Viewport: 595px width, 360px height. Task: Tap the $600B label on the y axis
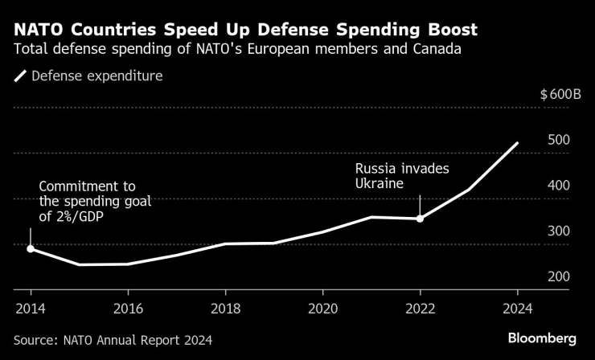[561, 94]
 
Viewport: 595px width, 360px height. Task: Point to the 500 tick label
[559, 139]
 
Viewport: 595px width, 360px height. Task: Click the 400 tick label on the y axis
[559, 185]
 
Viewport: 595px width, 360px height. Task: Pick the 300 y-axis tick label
[559, 231]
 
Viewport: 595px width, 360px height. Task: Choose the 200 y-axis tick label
[559, 276]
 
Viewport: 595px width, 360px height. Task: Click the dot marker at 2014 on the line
[31, 249]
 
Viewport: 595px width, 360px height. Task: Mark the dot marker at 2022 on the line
[420, 219]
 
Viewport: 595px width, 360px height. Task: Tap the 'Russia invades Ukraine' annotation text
[402, 177]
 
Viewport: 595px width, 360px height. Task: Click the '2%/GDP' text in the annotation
[92, 215]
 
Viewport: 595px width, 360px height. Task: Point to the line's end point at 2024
[517, 143]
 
